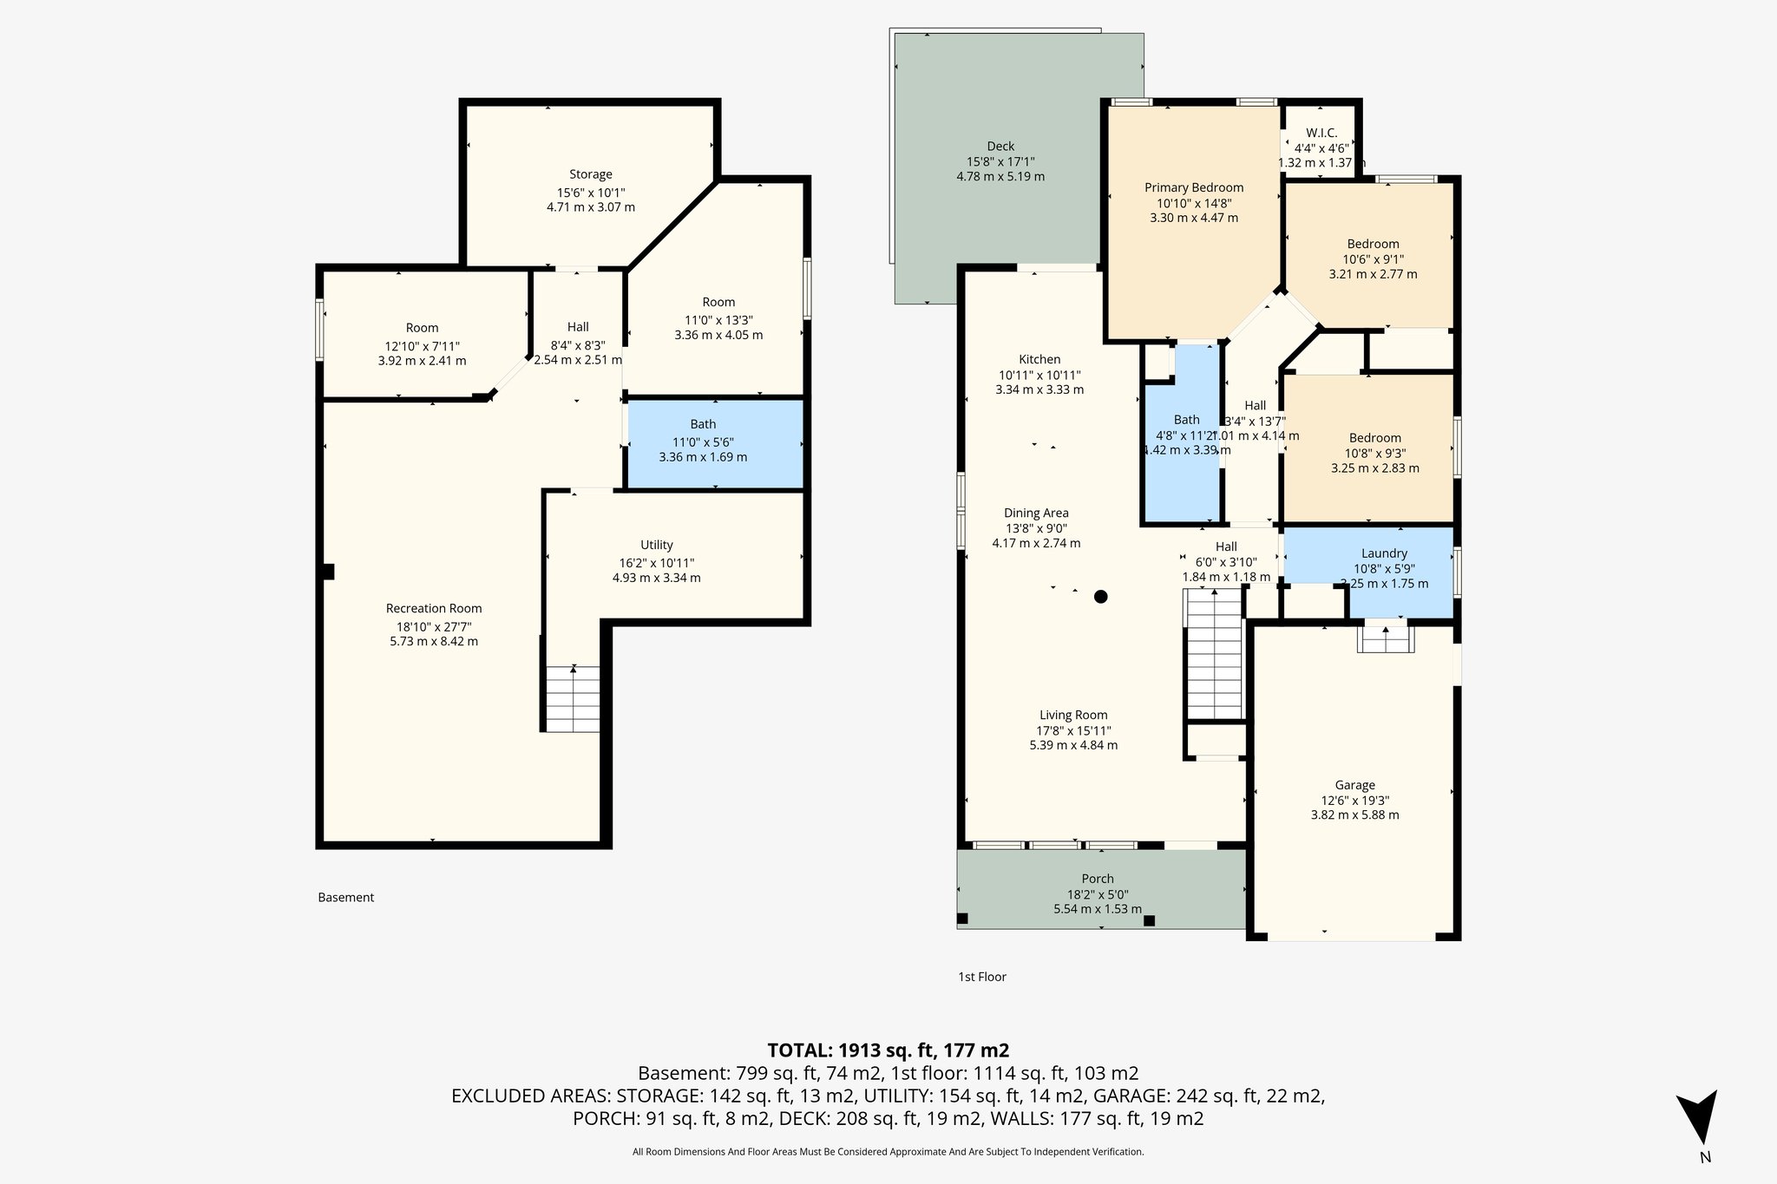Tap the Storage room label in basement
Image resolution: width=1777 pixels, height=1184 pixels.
click(590, 174)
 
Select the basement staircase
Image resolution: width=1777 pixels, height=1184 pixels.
click(573, 698)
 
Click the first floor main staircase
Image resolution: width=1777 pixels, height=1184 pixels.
click(1215, 655)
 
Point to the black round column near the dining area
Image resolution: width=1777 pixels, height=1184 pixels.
click(1100, 596)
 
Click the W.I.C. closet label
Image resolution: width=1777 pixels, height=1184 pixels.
click(1321, 133)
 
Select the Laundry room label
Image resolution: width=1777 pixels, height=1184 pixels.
click(1384, 553)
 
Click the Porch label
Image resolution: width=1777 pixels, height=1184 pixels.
click(1097, 879)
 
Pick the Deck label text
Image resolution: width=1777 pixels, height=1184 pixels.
click(1000, 146)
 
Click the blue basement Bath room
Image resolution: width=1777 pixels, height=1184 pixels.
click(714, 442)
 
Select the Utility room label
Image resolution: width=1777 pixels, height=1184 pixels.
click(656, 545)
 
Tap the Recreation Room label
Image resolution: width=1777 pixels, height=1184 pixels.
click(433, 608)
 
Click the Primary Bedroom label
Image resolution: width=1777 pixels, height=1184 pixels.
click(1193, 187)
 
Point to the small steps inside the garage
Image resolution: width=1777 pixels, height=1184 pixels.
click(1386, 639)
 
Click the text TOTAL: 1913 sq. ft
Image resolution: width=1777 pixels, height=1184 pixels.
click(888, 1050)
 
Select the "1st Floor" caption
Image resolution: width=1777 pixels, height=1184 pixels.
click(981, 977)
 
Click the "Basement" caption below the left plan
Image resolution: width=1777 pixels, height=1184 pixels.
click(345, 897)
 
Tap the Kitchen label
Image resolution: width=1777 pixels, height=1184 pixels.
click(1039, 359)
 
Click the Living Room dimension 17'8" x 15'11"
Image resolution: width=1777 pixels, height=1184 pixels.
click(1073, 730)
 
